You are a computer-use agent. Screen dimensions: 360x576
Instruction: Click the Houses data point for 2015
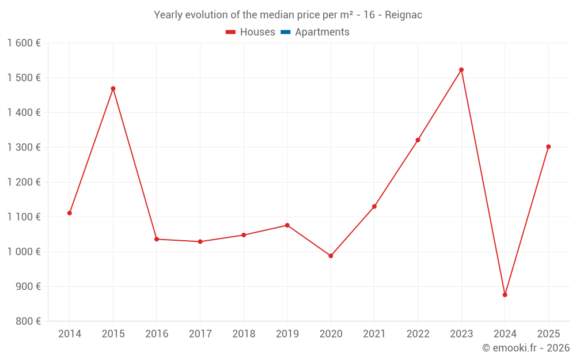(113, 89)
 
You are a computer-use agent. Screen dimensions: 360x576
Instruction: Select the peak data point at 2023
(461, 70)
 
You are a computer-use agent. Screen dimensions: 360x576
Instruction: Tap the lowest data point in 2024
(505, 295)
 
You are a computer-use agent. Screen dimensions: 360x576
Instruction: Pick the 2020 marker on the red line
(331, 256)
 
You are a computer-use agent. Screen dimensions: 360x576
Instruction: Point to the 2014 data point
(70, 213)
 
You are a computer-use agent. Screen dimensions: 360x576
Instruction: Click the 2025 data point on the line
(548, 147)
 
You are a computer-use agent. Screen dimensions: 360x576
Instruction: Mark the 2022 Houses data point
(418, 140)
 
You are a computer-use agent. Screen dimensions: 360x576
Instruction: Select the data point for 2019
(287, 225)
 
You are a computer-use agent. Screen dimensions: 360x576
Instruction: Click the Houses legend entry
(251, 32)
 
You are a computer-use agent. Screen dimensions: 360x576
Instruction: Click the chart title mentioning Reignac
(288, 15)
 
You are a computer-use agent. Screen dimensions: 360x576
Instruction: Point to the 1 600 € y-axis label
(24, 43)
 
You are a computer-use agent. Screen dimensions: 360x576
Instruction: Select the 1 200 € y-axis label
(24, 182)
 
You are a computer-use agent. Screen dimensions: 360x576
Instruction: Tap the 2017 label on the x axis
(200, 334)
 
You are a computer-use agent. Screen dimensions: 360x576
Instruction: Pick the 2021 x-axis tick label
(374, 334)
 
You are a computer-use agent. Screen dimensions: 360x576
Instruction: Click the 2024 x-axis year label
(505, 334)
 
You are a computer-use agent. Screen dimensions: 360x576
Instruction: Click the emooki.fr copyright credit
(525, 348)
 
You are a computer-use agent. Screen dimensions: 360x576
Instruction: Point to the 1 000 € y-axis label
(24, 252)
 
